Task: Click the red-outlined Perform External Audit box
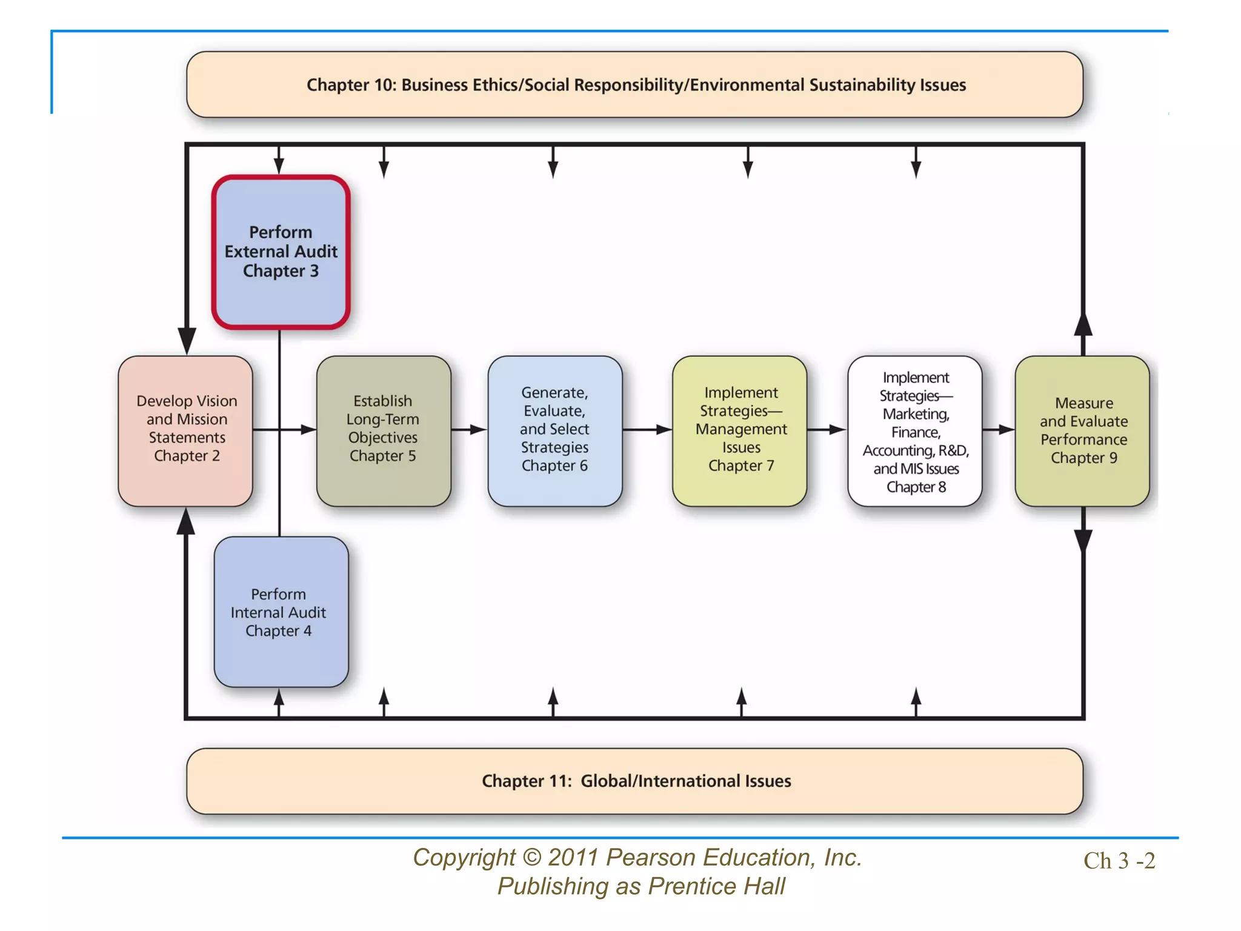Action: click(281, 252)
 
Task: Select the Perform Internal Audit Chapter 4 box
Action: click(281, 612)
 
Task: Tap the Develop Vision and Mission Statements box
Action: click(185, 430)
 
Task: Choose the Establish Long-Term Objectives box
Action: click(383, 430)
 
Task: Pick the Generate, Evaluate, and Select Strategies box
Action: click(554, 430)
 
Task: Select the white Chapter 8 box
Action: click(915, 430)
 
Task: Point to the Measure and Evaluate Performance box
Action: click(1082, 430)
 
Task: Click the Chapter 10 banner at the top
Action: click(634, 84)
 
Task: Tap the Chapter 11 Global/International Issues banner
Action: click(634, 781)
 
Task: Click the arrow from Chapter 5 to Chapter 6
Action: click(470, 430)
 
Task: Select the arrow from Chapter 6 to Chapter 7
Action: click(647, 430)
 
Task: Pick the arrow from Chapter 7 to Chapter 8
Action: click(827, 430)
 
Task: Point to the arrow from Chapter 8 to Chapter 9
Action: click(999, 430)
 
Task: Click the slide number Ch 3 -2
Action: click(1119, 861)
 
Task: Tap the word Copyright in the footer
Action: click(464, 858)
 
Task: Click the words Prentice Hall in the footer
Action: click(716, 886)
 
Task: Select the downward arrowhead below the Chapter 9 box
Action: click(1083, 539)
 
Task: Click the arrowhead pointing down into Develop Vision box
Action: click(187, 339)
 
